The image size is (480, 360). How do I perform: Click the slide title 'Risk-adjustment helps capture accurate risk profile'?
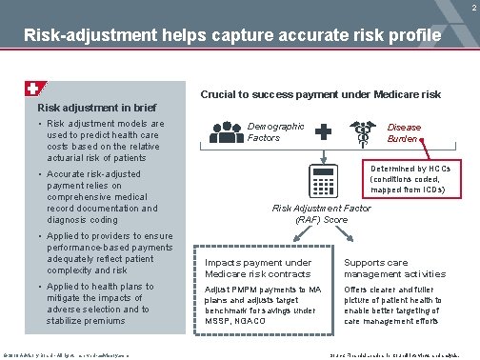[232, 36]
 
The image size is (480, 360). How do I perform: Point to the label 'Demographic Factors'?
[275, 131]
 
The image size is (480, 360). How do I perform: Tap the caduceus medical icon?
[364, 133]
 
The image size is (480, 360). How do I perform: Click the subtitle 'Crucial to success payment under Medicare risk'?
[320, 94]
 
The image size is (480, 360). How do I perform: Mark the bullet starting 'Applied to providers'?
[95, 252]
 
